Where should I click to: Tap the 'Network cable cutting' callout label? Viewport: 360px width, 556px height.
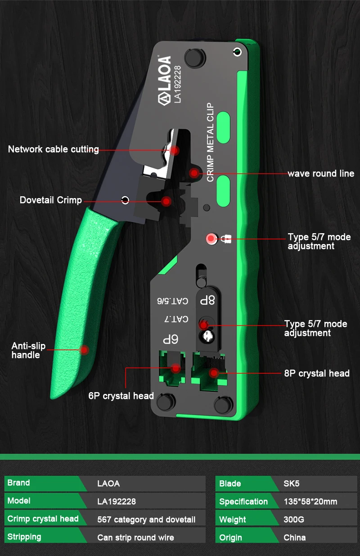pos(54,149)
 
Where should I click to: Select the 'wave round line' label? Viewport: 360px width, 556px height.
pos(321,173)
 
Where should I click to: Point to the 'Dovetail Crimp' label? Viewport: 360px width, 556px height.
pos(51,200)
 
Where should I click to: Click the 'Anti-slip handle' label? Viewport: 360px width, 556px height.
pos(28,351)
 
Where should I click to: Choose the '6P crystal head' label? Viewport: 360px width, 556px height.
pos(121,396)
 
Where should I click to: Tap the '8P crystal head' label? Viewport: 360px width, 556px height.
pos(317,373)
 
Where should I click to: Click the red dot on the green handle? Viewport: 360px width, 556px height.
pos(84,349)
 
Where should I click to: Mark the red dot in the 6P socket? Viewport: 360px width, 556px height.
pos(175,368)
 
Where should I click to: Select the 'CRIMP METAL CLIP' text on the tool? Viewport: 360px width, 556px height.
pos(210,142)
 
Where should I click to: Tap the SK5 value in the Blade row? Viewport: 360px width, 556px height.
pos(291,484)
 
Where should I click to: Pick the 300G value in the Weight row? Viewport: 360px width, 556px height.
pos(294,520)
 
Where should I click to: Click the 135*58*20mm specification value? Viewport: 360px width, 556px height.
pos(310,502)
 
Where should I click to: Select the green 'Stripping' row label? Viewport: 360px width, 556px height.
pos(24,537)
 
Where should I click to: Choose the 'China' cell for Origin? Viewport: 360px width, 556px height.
pos(295,538)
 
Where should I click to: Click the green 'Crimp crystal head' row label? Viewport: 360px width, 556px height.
pos(43,519)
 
